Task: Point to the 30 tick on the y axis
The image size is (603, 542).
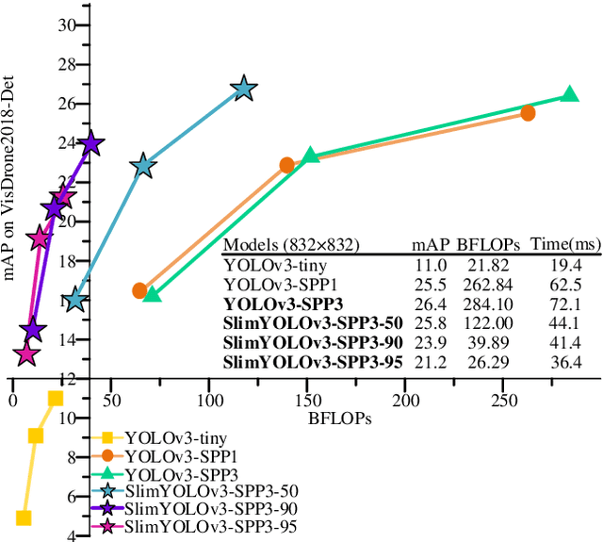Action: (65, 25)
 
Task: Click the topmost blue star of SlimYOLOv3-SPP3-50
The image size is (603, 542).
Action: (245, 90)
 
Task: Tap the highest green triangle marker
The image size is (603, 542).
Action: (569, 94)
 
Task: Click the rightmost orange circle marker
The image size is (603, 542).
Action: (528, 113)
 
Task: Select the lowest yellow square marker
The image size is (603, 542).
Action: (24, 517)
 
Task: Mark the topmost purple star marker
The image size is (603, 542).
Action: (91, 144)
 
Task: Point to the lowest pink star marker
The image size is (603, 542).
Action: (25, 354)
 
